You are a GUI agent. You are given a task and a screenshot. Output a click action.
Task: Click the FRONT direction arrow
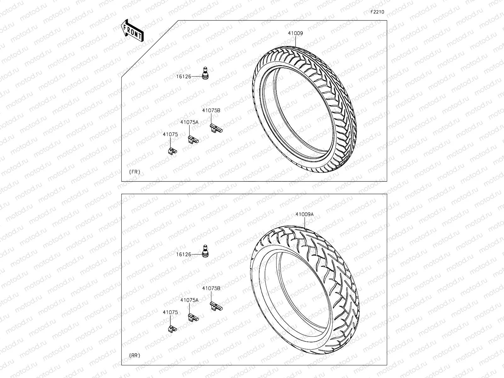click(x=132, y=31)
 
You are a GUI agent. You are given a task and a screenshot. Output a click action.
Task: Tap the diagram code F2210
click(x=377, y=12)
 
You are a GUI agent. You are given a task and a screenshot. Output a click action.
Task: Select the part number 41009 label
click(x=295, y=33)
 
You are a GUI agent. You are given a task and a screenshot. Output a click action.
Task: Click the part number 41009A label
click(x=304, y=215)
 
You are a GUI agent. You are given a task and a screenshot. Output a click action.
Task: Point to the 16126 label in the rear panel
click(x=184, y=254)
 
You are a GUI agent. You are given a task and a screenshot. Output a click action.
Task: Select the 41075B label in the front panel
click(x=211, y=111)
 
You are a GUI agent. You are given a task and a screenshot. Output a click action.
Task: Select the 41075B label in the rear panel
click(x=211, y=288)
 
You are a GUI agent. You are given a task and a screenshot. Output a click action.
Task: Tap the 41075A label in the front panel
click(x=189, y=122)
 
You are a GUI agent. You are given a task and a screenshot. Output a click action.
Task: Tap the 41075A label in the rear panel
click(x=189, y=300)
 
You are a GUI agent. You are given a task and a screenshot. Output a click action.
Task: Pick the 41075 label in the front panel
click(x=170, y=134)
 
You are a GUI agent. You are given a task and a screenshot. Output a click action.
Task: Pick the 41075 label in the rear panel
click(x=170, y=312)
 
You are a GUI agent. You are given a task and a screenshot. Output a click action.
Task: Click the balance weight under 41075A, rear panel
click(x=193, y=317)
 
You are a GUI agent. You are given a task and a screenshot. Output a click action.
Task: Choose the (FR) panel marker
click(x=135, y=172)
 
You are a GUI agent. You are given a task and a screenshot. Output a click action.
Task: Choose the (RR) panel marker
click(x=135, y=355)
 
